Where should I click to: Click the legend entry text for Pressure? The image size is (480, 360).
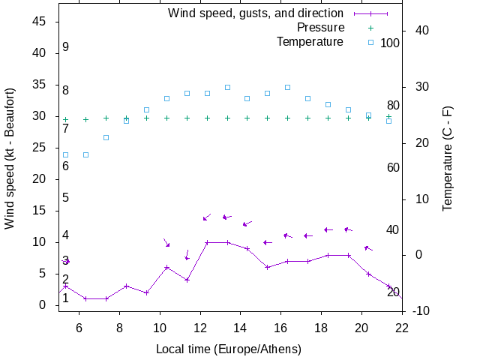[x=320, y=28]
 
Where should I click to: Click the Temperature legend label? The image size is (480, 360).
[x=310, y=42]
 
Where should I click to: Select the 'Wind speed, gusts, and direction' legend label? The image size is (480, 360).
[x=256, y=13]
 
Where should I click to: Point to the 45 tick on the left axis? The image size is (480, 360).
[x=40, y=22]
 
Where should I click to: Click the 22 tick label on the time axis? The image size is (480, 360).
[x=403, y=327]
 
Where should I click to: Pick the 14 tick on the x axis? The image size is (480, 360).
[x=241, y=327]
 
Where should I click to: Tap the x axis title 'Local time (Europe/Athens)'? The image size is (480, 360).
[x=229, y=349]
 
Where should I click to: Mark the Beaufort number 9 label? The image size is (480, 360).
[x=66, y=47]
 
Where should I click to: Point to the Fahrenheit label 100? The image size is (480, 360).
[x=390, y=43]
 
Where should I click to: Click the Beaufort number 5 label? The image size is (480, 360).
[x=66, y=198]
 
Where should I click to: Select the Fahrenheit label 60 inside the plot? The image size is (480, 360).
[x=393, y=167]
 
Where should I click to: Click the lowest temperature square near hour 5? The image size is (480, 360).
[x=65, y=154]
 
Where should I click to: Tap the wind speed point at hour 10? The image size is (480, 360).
[x=166, y=267]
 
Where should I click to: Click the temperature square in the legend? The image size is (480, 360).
[x=370, y=43]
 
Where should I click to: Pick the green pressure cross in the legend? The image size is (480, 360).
[x=370, y=28]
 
